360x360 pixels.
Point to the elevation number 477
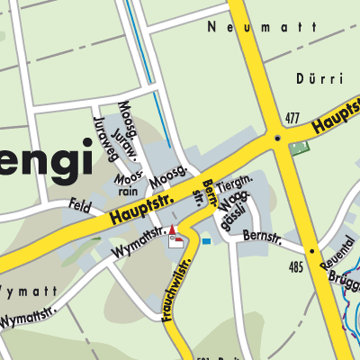coord(291,118)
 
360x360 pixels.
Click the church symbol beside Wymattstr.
coord(175,237)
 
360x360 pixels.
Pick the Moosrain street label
coord(125,184)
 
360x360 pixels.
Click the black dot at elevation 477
coord(277,138)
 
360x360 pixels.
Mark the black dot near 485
coord(311,251)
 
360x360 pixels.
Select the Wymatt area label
coord(27,292)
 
